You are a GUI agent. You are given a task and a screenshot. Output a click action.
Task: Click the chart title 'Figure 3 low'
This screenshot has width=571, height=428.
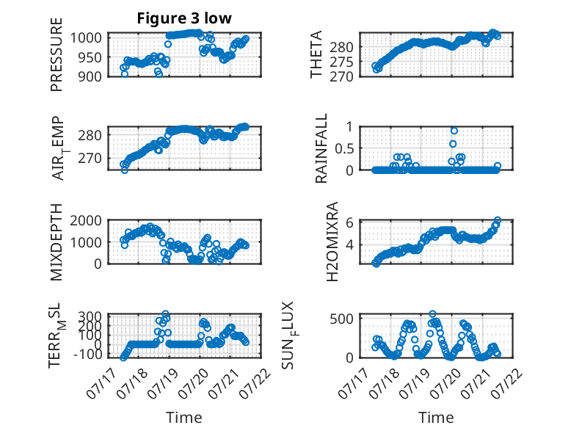click(184, 18)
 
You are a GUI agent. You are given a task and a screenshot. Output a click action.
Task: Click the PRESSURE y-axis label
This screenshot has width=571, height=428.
click(57, 54)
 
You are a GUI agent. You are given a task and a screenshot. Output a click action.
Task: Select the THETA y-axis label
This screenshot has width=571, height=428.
click(316, 54)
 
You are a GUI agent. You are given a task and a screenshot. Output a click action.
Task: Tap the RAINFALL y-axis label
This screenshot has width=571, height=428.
click(321, 148)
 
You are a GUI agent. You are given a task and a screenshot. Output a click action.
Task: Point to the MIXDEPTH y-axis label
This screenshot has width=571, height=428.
click(57, 242)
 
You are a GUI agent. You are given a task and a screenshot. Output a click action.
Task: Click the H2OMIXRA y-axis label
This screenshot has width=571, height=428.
click(332, 242)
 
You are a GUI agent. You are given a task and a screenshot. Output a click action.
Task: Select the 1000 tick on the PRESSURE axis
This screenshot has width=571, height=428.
click(86, 37)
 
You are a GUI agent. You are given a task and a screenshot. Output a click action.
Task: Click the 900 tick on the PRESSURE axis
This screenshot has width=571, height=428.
click(90, 76)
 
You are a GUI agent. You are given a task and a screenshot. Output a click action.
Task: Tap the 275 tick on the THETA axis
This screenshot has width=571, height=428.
click(341, 62)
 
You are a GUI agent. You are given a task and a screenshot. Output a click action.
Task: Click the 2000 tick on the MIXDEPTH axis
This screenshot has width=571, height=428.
click(86, 220)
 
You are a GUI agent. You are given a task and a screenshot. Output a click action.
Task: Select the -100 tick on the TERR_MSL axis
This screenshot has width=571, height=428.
click(88, 354)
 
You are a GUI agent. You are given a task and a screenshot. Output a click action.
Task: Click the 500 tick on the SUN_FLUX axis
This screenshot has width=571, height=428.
click(341, 319)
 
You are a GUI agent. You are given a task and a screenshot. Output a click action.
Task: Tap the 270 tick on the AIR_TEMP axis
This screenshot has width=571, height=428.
click(90, 159)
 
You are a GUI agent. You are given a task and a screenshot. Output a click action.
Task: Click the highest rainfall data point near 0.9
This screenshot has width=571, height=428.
click(454, 131)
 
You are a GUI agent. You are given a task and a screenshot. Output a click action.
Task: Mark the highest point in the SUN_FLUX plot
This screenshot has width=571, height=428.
click(432, 314)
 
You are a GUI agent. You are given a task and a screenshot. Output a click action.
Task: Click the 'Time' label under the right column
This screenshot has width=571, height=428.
click(436, 418)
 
